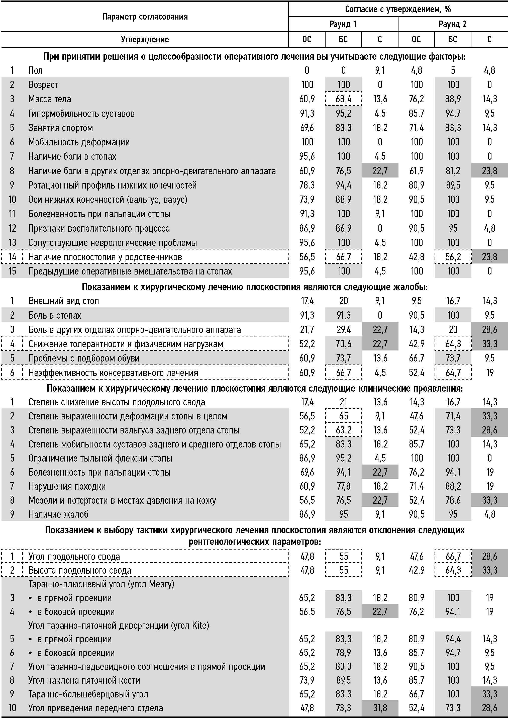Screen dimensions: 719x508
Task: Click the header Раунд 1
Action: [343, 24]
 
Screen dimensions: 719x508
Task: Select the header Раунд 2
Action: [453, 24]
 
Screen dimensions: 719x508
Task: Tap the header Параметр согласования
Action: [145, 17]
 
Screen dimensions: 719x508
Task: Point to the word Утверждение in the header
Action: [145, 39]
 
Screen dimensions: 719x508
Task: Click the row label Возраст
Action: [44, 85]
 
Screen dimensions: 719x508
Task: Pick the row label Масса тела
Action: [50, 99]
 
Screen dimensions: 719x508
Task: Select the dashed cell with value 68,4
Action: [343, 99]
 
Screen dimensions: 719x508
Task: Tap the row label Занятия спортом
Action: [61, 128]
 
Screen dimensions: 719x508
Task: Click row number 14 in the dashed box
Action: [12, 257]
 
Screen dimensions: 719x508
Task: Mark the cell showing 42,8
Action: [417, 257]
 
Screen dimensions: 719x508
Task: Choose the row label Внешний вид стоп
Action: [64, 301]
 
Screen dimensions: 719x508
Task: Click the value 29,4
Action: [343, 330]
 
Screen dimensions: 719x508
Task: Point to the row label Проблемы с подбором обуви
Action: [84, 358]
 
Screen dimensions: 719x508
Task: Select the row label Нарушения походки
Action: [67, 486]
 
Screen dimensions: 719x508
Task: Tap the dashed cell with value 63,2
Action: [343, 430]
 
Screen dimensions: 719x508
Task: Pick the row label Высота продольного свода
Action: [80, 570]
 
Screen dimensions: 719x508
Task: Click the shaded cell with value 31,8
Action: [380, 708]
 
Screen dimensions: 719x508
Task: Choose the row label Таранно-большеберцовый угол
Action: [88, 694]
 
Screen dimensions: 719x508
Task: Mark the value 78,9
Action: [343, 653]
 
